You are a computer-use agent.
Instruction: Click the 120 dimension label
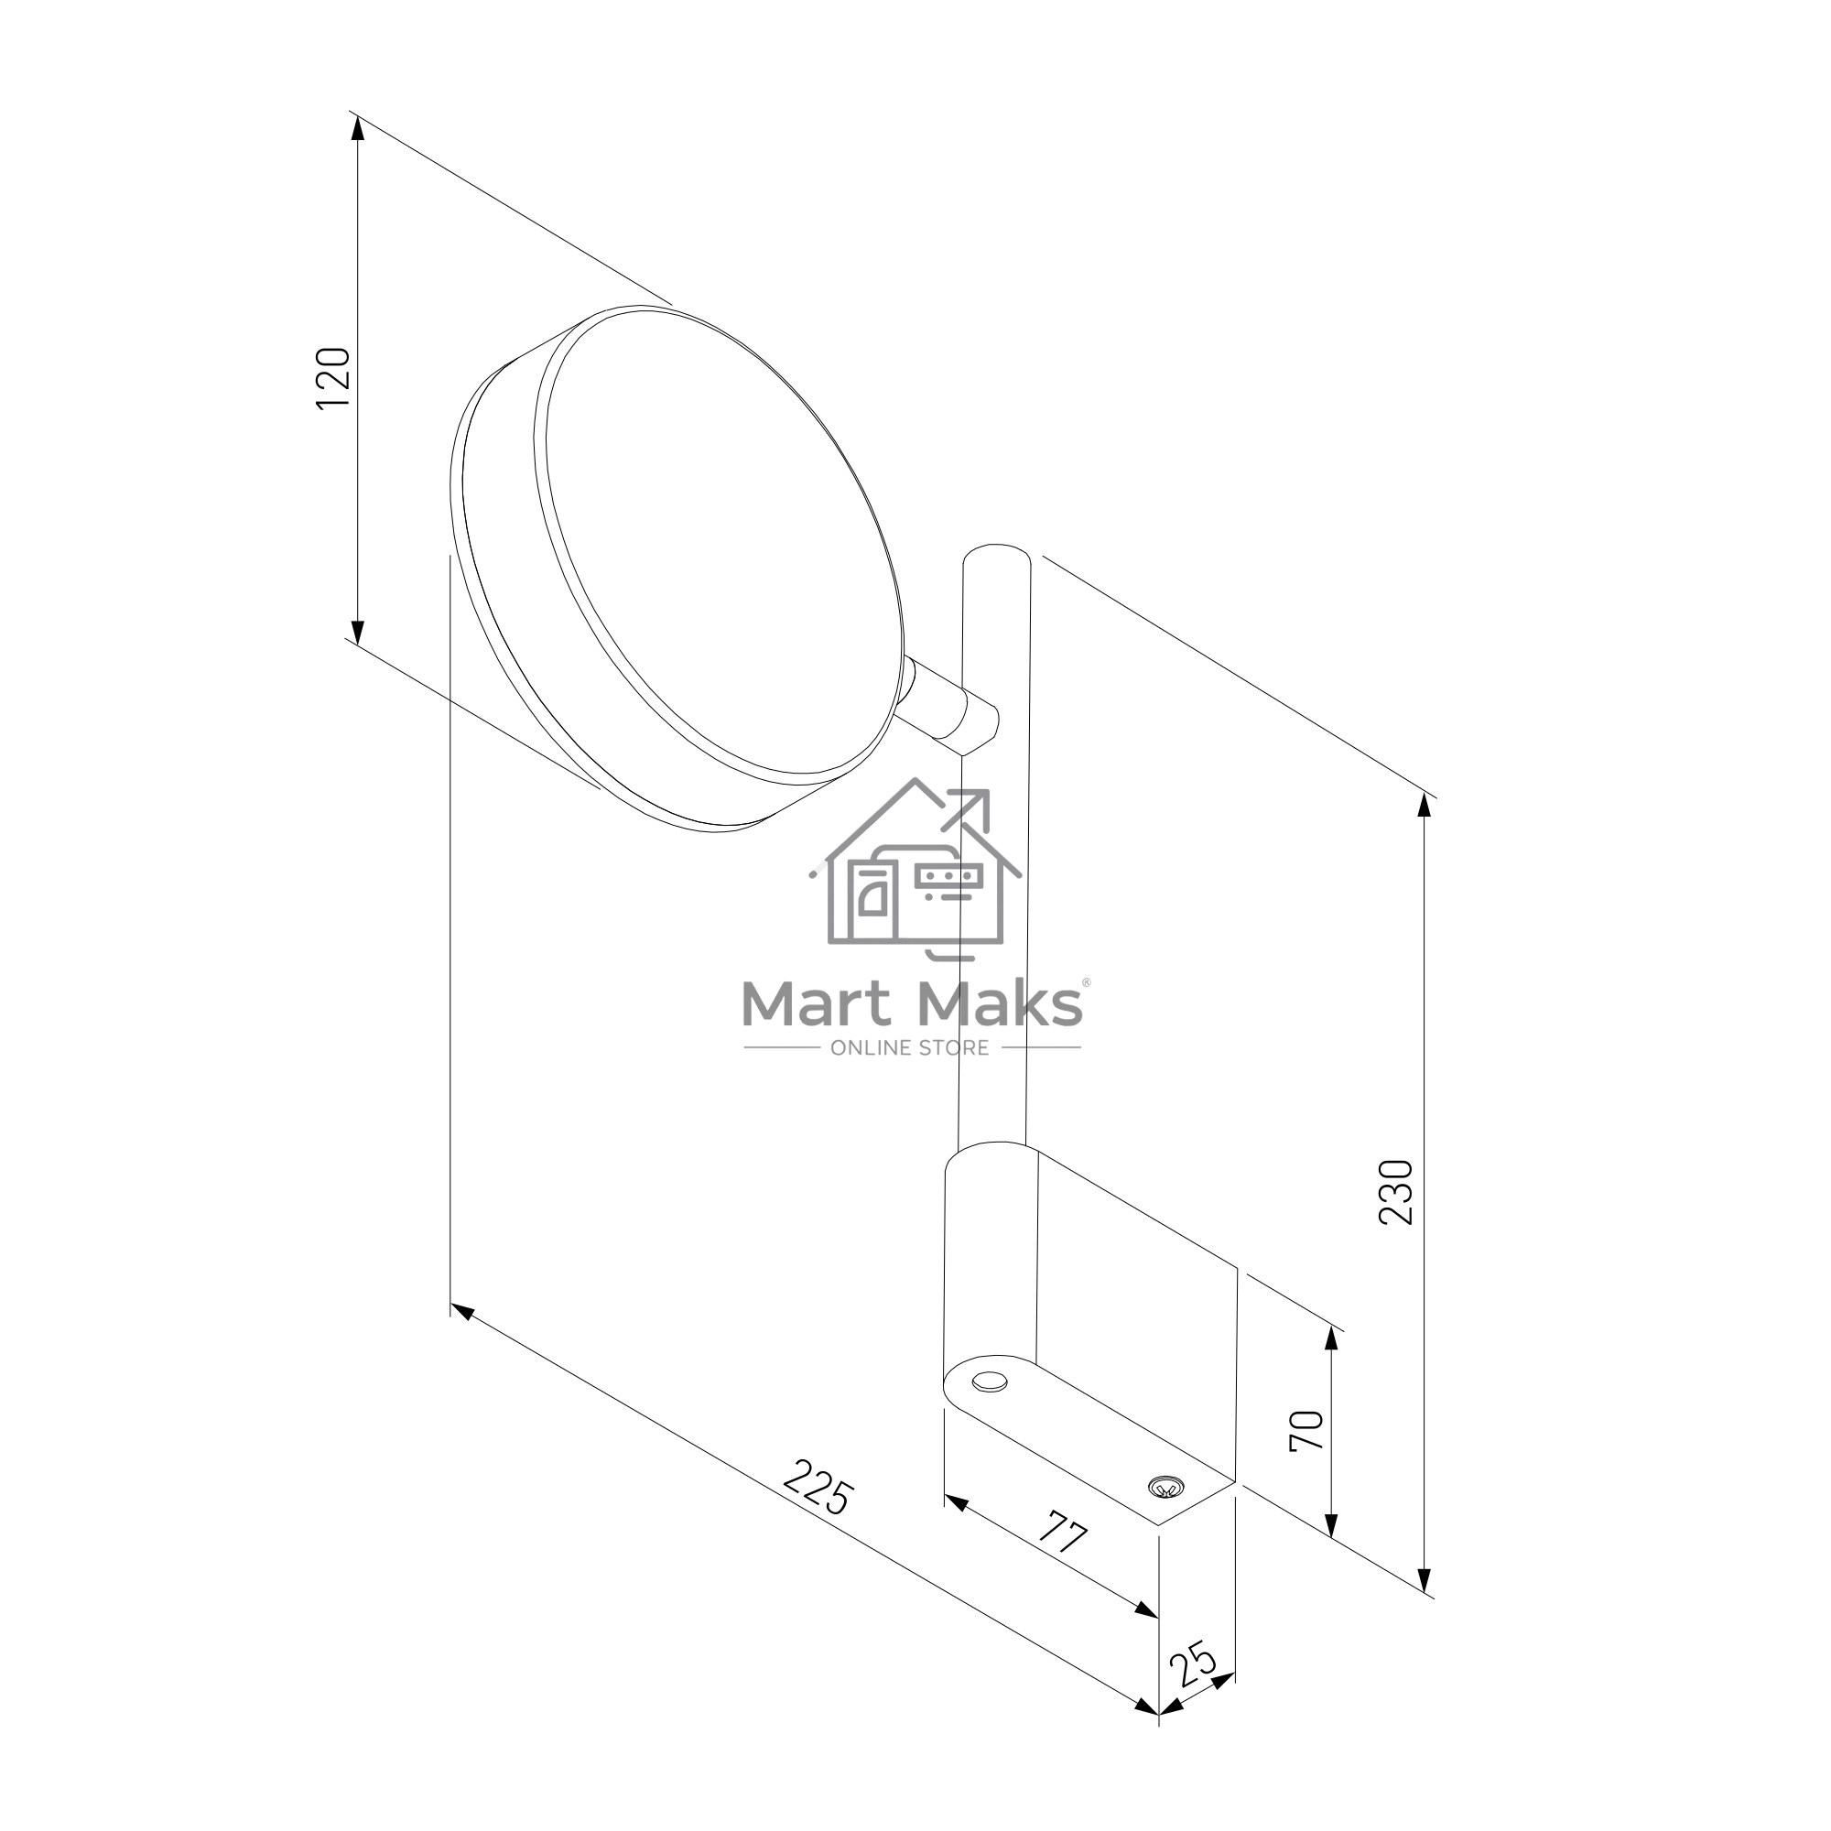click(333, 378)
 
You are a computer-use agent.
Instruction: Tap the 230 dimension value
click(1396, 1192)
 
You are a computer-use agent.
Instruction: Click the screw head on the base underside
click(1165, 1488)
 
